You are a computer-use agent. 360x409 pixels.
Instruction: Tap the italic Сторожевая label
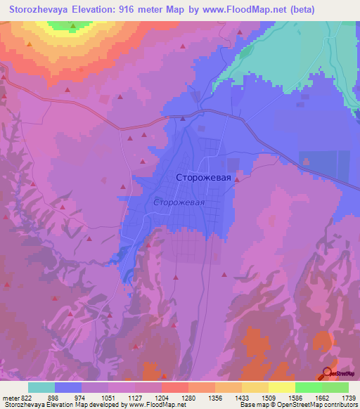click(x=179, y=202)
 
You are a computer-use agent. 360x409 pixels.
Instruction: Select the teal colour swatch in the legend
click(x=41, y=387)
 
